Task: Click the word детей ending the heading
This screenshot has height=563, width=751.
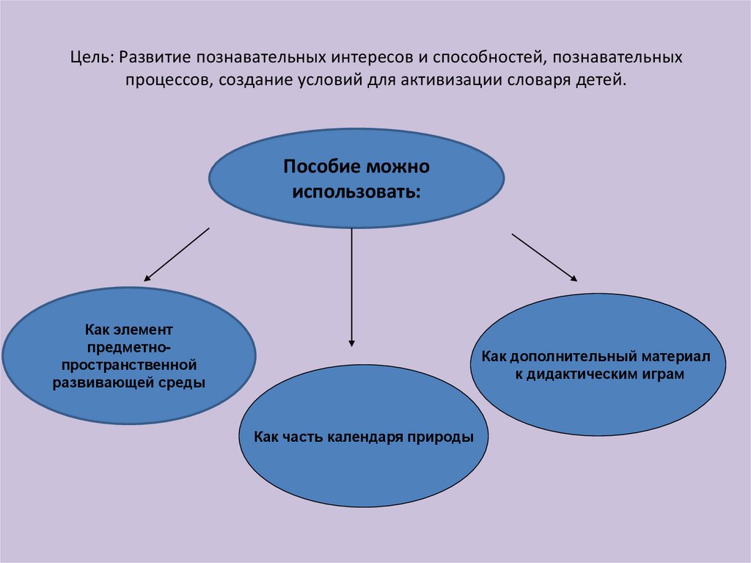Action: (604, 79)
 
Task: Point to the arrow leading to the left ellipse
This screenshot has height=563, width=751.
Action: (177, 255)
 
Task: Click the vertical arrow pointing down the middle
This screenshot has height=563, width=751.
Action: (352, 286)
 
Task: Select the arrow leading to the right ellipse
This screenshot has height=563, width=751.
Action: (543, 257)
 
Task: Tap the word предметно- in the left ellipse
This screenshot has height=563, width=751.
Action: (129, 346)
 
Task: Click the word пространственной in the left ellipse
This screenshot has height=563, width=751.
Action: (129, 364)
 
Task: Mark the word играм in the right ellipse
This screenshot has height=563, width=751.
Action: (664, 374)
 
